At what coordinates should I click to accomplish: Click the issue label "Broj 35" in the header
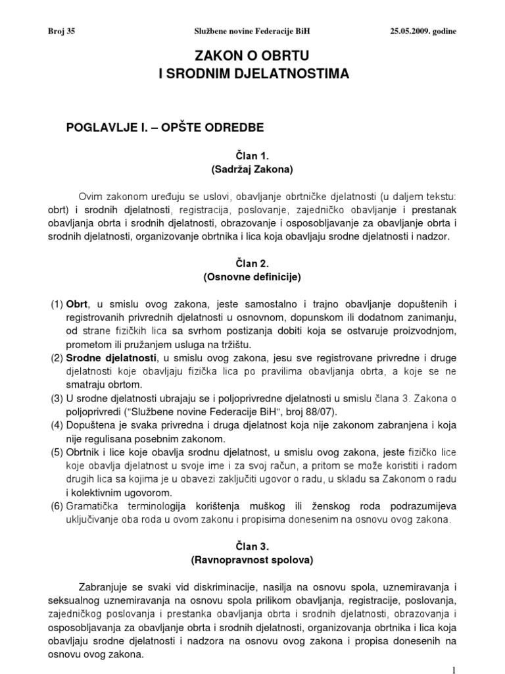[62, 31]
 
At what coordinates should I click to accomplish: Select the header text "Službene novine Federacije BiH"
[253, 31]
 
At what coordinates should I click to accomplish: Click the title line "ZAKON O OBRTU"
[253, 58]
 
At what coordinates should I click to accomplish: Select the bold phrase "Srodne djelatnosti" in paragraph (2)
[111, 358]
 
